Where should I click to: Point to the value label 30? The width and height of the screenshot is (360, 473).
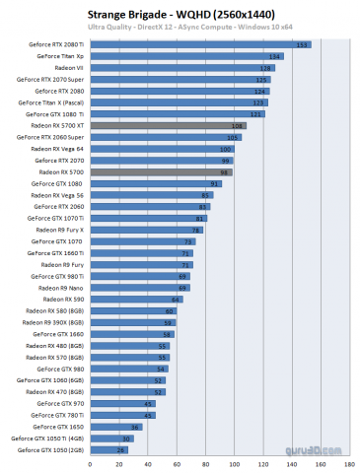pyautogui.click(x=126, y=438)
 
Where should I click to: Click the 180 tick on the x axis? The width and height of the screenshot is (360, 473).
pyautogui.click(x=348, y=461)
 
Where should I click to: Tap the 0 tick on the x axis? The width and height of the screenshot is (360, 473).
pyautogui.click(x=86, y=461)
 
